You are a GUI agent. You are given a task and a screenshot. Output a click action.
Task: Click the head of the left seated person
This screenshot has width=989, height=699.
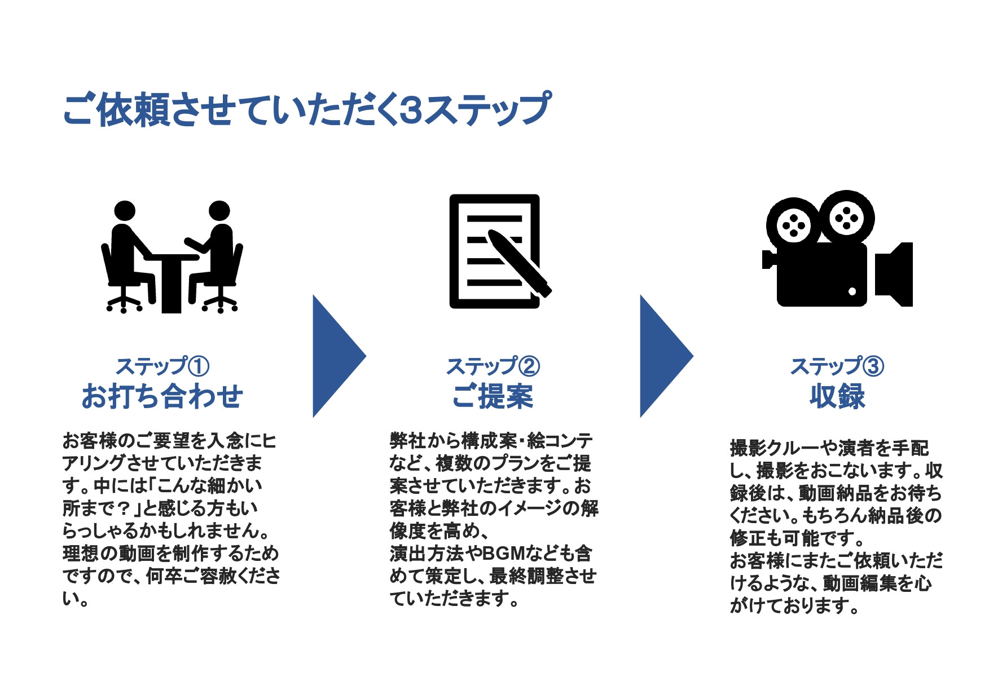(125, 211)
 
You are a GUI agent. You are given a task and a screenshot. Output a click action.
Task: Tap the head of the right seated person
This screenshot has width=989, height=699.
(219, 211)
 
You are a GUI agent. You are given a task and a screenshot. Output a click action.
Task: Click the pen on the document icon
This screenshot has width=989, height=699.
(519, 263)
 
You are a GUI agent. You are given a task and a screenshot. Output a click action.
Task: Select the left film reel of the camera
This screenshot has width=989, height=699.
(794, 225)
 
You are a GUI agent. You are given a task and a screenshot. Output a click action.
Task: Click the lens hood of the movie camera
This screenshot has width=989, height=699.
(896, 275)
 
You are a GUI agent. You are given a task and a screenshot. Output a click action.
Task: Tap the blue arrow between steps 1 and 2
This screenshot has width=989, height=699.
(336, 356)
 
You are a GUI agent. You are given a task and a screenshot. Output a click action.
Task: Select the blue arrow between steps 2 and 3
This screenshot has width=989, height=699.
(663, 356)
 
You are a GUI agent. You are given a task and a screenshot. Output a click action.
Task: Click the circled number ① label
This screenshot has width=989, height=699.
(198, 366)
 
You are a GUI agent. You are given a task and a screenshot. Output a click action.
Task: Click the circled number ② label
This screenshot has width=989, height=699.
(529, 366)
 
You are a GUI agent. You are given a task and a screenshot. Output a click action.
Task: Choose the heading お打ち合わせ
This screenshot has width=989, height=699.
(162, 396)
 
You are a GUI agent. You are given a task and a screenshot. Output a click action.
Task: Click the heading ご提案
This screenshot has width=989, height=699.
(493, 396)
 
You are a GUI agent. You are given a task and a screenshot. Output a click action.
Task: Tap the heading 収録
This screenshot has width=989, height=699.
(837, 396)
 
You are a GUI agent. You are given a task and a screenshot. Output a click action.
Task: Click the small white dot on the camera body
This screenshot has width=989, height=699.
(852, 291)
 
